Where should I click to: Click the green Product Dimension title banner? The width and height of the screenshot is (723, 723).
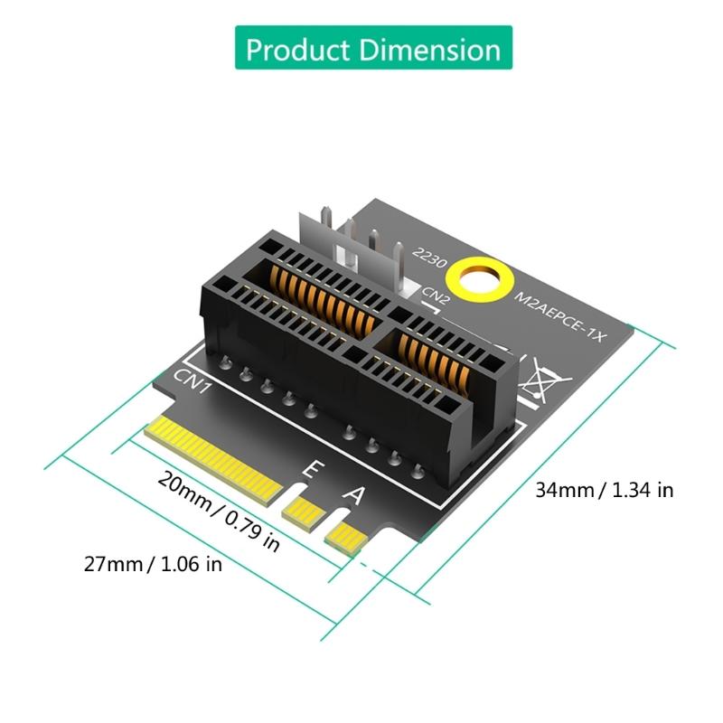click(x=373, y=48)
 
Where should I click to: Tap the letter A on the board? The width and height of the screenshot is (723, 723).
click(x=355, y=496)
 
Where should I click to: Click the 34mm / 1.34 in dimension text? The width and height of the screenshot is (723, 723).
click(x=604, y=491)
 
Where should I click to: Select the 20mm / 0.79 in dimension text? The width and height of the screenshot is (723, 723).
click(x=218, y=511)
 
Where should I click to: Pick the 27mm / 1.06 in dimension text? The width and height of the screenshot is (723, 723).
click(x=153, y=565)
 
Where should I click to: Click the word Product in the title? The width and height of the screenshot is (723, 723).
click(x=297, y=48)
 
